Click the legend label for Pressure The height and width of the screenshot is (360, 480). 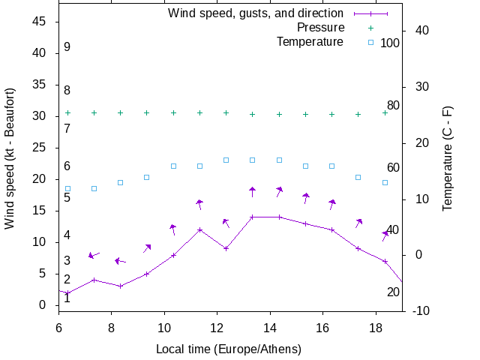point(320,27)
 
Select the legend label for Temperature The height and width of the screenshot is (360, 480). point(310,41)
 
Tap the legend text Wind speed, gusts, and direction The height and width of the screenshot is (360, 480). point(255,13)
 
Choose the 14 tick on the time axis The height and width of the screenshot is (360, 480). point(269,327)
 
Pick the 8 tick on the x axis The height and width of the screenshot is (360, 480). point(111,327)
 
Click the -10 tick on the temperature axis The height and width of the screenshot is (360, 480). point(421,310)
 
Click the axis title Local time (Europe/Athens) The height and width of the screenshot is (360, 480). point(228,349)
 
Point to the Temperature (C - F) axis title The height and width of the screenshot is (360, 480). point(447,158)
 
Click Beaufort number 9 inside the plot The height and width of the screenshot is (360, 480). point(67,47)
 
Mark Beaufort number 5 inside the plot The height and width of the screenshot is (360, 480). point(67,198)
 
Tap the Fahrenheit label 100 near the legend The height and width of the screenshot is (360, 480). point(390,43)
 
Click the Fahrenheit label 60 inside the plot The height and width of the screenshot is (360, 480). point(393,167)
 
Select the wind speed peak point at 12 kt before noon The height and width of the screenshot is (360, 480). point(199,229)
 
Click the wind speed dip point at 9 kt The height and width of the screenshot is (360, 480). point(226,248)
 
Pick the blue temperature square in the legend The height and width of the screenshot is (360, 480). point(370,42)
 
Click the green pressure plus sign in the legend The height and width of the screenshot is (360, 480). point(370,28)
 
